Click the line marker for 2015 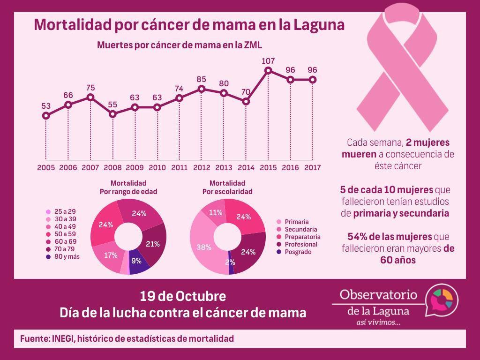coord(268,71)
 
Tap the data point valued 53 coord(46,115)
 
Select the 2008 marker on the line coord(112,113)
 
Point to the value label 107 coord(268,61)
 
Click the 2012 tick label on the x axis coord(202,167)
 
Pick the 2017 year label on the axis coord(313,167)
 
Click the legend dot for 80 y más coord(48,256)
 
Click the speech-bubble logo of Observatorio coord(442,300)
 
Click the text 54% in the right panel coord(358,237)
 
